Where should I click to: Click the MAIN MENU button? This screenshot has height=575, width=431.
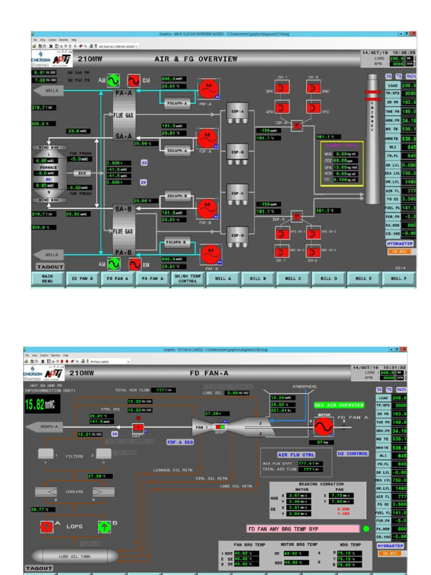pos(48,279)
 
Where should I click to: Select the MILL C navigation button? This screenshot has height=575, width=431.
pos(292,279)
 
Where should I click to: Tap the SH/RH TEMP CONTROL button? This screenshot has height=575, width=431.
pos(188,279)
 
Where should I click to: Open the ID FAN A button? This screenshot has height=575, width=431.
pos(82,279)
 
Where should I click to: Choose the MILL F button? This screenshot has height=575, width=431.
pos(398,279)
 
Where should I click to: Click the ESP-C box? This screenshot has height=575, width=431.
pos(237,193)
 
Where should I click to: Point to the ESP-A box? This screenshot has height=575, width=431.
pos(237,112)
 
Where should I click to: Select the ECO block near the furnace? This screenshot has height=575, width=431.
pos(82,174)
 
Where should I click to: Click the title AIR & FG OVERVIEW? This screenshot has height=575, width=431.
pos(196,59)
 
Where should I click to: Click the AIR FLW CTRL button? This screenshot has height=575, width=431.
pos(296,454)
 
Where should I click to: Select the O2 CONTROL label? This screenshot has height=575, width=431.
pos(352,454)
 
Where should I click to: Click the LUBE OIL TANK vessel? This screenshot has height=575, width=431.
pos(74,556)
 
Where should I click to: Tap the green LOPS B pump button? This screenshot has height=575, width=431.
pos(104,527)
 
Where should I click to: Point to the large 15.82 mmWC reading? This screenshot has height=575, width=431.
pos(42,405)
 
